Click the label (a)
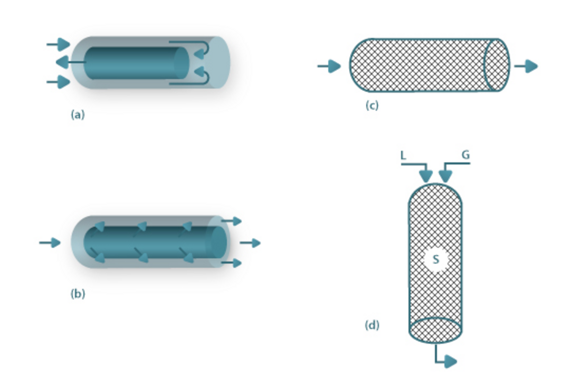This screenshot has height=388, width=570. (78, 115)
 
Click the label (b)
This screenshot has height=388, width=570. (78, 294)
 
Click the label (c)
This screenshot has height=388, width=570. (372, 105)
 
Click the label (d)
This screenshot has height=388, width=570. (372, 325)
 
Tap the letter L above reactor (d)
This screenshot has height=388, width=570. (403, 156)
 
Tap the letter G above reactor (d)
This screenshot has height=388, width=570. (465, 155)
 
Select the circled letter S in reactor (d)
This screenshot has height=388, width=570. (435, 259)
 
